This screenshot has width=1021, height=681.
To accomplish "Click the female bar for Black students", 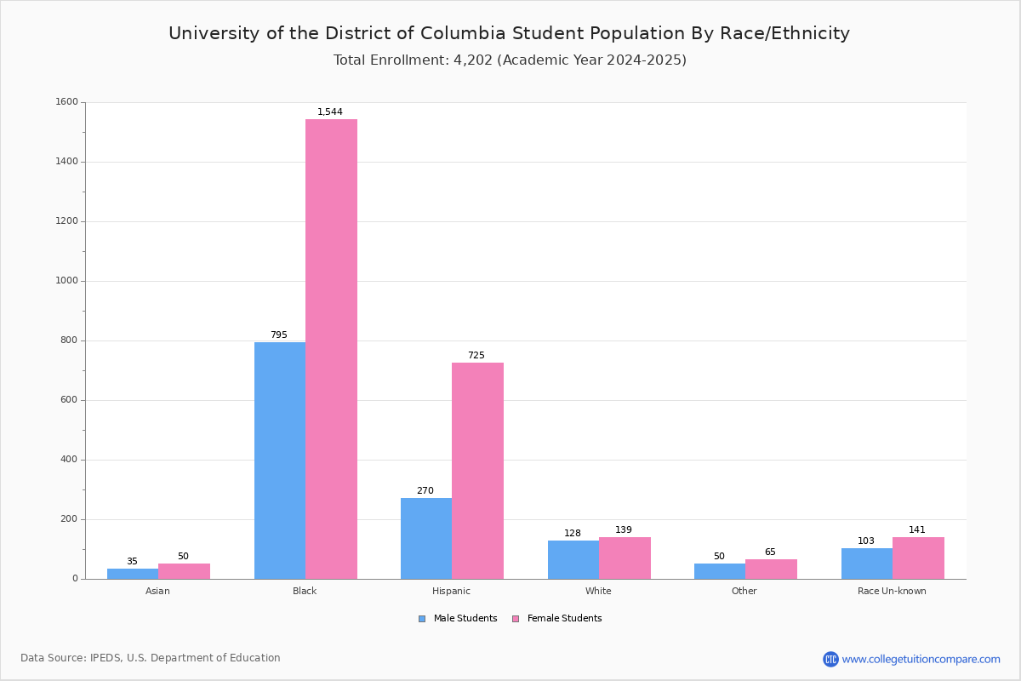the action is [x=331, y=349].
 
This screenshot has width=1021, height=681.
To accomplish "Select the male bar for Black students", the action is [x=280, y=461].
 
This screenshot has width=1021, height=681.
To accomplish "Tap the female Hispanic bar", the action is [x=477, y=471].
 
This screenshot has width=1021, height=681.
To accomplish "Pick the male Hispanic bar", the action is [x=426, y=539].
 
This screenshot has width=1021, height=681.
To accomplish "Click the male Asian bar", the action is [x=133, y=574].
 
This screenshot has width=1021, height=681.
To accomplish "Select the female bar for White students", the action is [x=625, y=558].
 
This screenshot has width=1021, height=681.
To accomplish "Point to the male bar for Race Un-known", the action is [x=867, y=564].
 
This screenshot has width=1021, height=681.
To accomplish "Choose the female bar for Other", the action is [x=771, y=569].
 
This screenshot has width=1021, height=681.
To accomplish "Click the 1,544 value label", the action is [x=330, y=112].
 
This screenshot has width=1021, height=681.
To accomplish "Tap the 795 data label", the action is [x=279, y=335].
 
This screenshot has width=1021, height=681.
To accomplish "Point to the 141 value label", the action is [x=917, y=529].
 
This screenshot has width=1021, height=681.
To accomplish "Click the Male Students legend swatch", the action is [x=422, y=619].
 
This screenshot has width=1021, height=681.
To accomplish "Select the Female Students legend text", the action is [x=564, y=618].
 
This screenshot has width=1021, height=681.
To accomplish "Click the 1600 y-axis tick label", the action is [x=66, y=101].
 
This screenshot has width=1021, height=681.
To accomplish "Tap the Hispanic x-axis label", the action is [x=451, y=591].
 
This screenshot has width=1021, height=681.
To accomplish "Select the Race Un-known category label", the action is [x=892, y=591].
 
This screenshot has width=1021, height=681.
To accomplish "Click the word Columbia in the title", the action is [x=463, y=33].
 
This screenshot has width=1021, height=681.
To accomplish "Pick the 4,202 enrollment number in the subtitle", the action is [x=473, y=60].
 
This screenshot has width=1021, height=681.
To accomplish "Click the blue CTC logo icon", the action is [x=830, y=659].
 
